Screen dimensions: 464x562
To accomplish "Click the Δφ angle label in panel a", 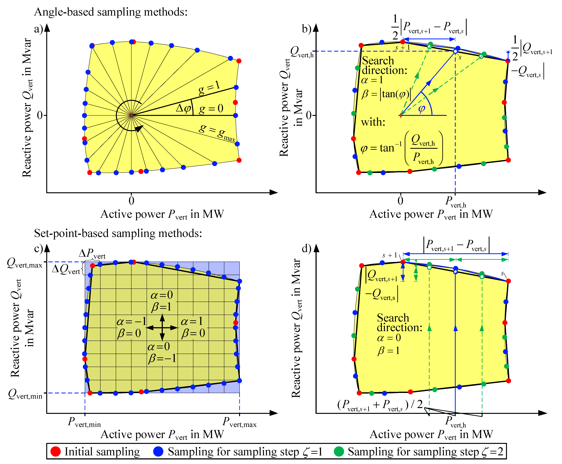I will point(183,108).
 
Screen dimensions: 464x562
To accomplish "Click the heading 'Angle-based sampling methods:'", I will point(111,12).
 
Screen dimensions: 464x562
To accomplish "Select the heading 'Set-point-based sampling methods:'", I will point(118,233).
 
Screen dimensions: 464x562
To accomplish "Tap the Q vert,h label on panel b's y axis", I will point(302,52).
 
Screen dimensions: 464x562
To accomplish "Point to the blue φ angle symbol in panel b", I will point(422,108).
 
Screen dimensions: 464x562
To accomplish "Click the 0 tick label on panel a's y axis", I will point(40,115).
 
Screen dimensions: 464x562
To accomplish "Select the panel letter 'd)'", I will point(306,249).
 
